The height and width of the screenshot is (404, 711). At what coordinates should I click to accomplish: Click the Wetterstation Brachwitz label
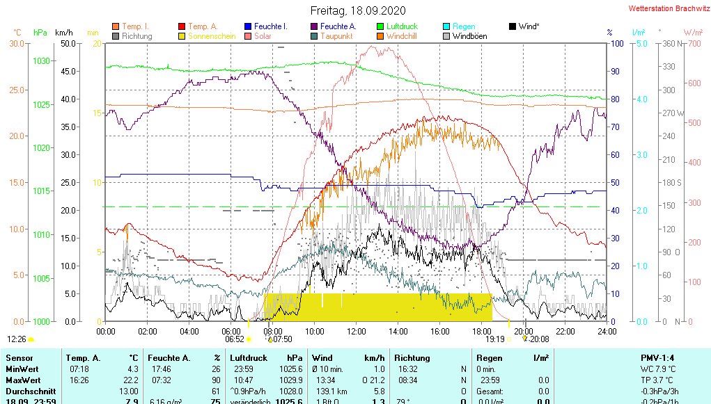(665, 9)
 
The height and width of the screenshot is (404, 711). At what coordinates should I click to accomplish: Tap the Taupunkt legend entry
(336, 36)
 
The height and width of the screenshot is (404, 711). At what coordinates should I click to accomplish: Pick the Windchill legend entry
(401, 36)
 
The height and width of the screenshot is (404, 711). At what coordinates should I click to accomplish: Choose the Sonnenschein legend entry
(212, 36)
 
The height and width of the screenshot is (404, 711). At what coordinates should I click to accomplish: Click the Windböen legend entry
(469, 36)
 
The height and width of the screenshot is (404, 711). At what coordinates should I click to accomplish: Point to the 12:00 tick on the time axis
(357, 332)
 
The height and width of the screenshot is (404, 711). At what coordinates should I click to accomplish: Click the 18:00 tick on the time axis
(482, 332)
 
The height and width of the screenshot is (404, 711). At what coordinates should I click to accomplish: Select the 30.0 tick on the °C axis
(17, 43)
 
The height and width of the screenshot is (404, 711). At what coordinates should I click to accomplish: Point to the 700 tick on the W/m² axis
(693, 43)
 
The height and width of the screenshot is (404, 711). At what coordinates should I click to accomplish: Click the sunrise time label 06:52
(234, 339)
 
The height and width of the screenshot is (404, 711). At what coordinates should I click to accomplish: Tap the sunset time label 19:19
(494, 339)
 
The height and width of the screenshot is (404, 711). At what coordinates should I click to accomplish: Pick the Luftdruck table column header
(250, 358)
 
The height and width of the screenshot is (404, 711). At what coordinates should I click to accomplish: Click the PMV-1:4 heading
(661, 358)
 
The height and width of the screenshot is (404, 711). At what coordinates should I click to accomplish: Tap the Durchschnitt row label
(29, 391)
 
